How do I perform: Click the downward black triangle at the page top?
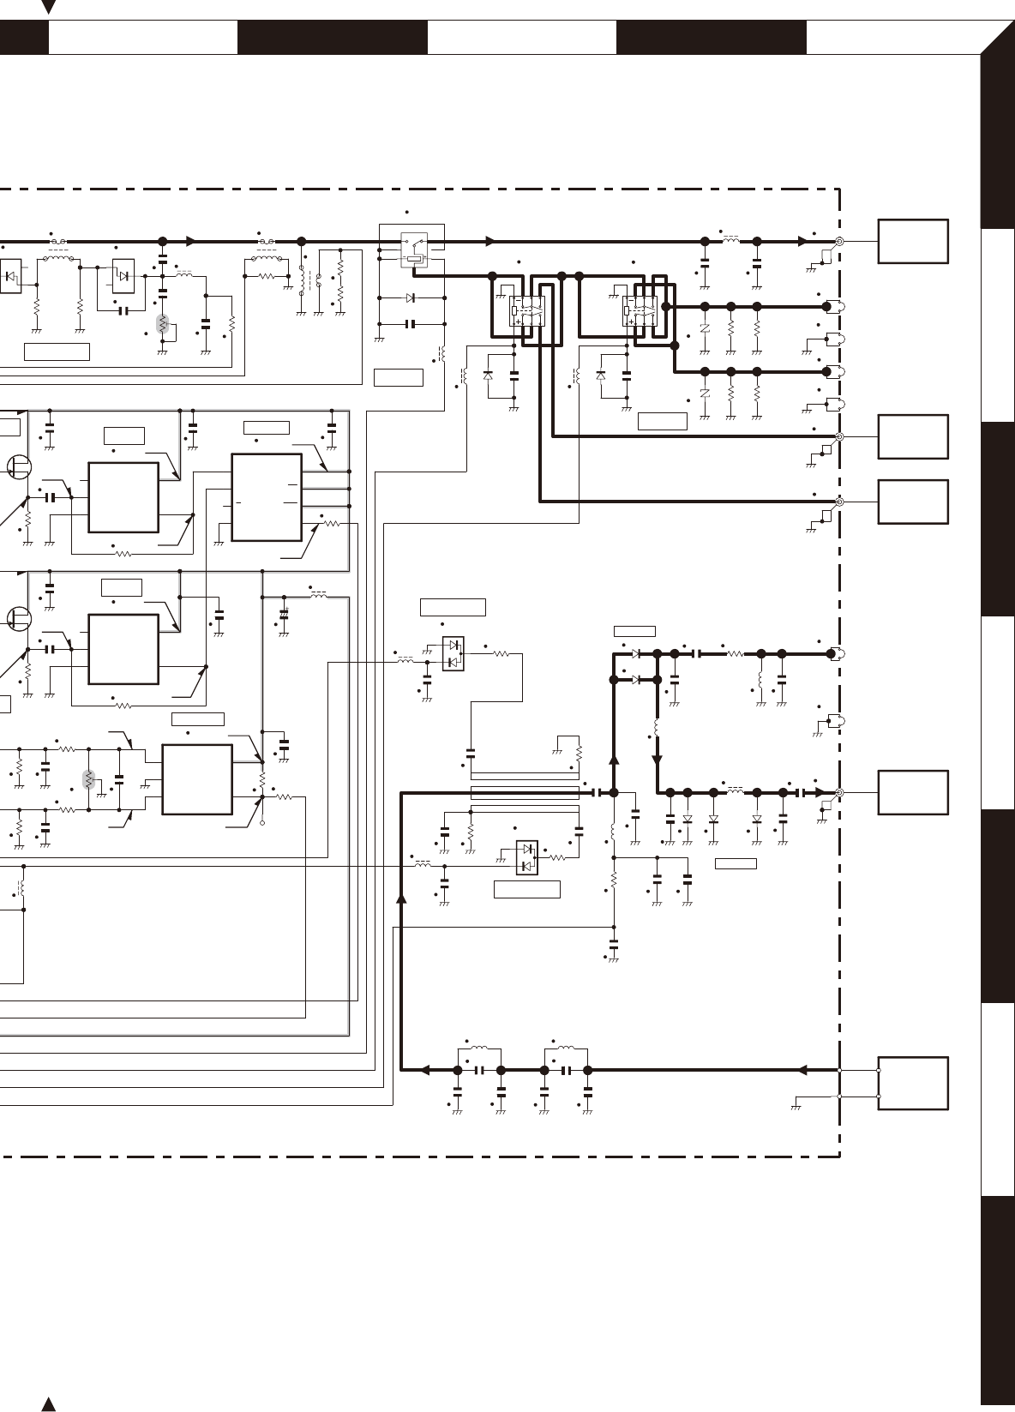pos(49,8)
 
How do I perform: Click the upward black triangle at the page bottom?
pos(49,1403)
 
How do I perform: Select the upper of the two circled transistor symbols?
pos(17,467)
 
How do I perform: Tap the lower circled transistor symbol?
pos(17,617)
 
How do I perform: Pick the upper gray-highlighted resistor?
pos(162,324)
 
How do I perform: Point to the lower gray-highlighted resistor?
pos(88,779)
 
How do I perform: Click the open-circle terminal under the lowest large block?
pos(262,823)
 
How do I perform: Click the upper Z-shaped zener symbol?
pos(705,328)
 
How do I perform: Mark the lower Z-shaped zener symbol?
pos(705,394)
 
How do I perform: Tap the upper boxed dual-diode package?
pos(453,654)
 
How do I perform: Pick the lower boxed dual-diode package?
pos(527,857)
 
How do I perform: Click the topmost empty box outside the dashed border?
pos(913,241)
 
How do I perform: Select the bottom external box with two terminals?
pos(913,1083)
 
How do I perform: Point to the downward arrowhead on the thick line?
pos(658,760)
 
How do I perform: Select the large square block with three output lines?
pos(267,497)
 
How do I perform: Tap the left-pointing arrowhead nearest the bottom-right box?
pos(802,1070)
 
